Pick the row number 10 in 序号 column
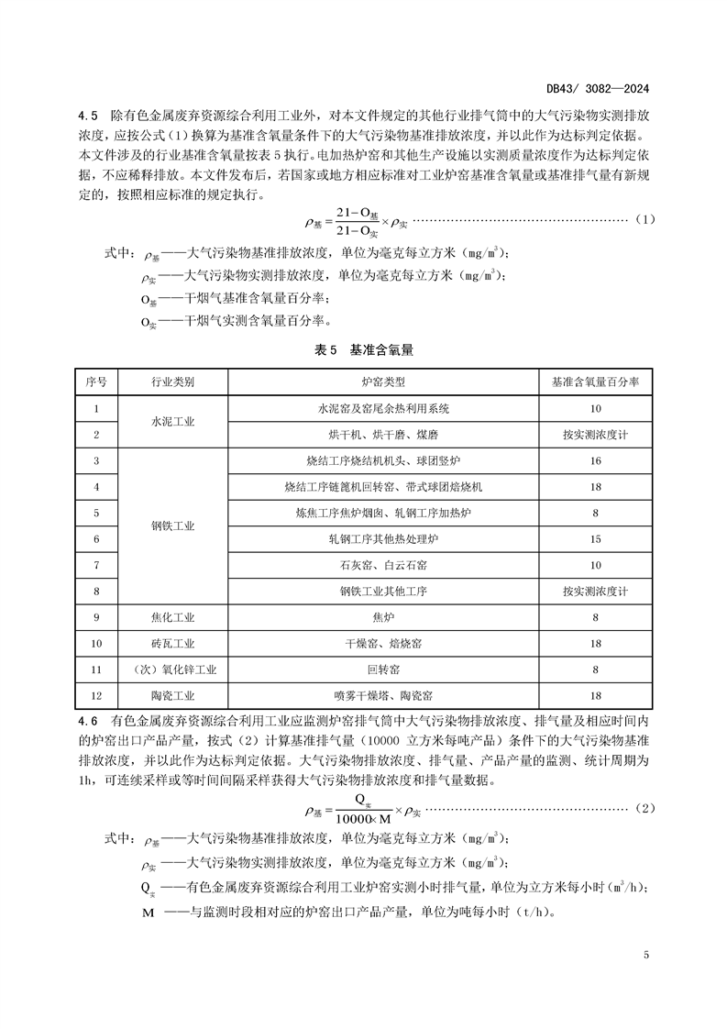(x=96, y=644)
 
